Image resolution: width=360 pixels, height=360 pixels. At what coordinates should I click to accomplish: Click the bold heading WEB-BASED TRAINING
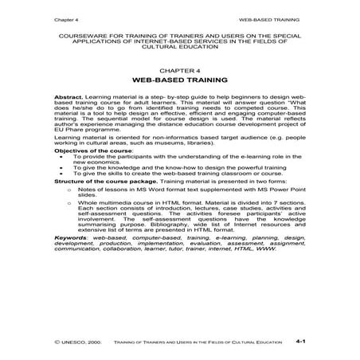tap(180, 81)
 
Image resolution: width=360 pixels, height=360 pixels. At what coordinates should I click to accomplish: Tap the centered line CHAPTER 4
tap(180, 68)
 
